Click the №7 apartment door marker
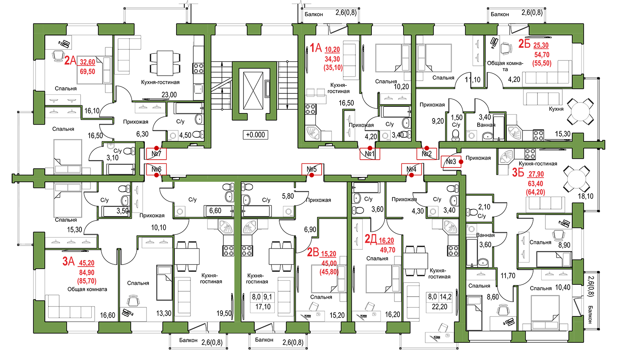tap(156, 154)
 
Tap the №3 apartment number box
tap(451, 162)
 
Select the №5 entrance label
tap(312, 169)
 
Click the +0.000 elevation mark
tap(255, 135)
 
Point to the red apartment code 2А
tap(70, 60)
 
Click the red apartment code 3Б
tap(518, 173)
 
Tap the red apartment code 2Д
tap(371, 239)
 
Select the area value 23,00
tap(169, 95)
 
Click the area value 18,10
tap(586, 196)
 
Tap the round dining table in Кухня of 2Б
tap(580, 111)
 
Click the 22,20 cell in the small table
tap(440, 307)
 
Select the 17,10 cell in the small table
tap(263, 307)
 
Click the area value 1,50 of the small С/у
tap(457, 118)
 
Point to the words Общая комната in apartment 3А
tap(87, 289)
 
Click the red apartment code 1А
tap(316, 48)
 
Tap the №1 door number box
tap(370, 154)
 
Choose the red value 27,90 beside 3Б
tap(536, 174)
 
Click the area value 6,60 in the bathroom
tap(215, 211)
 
